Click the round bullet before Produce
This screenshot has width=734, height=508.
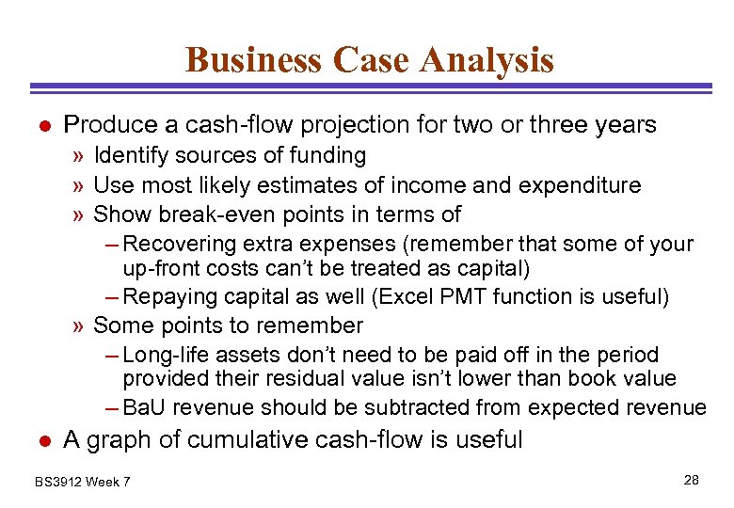[x=41, y=125]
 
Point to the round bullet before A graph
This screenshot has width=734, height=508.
[x=41, y=439]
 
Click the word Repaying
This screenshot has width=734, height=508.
[x=167, y=297]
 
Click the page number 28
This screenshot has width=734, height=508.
[x=692, y=481]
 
